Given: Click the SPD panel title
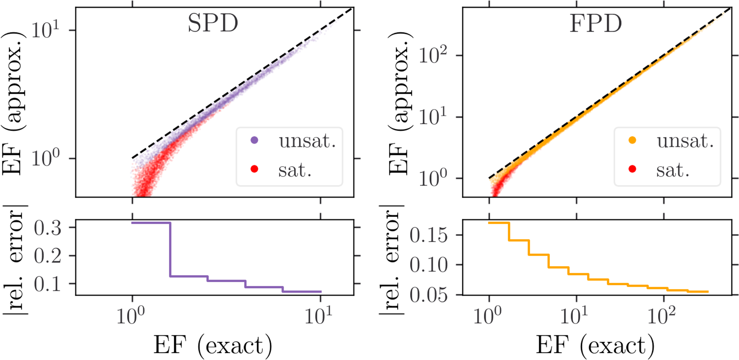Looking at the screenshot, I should click(x=213, y=24).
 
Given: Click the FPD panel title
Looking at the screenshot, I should click(x=596, y=24).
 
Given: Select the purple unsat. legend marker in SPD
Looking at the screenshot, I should click(x=255, y=140).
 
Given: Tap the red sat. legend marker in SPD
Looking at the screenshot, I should click(x=255, y=169).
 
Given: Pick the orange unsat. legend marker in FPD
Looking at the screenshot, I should click(x=632, y=140).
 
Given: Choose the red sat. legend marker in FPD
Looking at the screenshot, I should click(x=632, y=169).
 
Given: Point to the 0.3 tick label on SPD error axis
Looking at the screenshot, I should click(x=48, y=228).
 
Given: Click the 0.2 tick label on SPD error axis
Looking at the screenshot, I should click(x=48, y=256).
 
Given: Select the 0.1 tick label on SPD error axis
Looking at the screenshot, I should click(x=48, y=284).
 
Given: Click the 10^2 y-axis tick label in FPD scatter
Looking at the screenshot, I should click(x=433, y=55).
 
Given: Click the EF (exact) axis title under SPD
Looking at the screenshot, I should click(x=213, y=345).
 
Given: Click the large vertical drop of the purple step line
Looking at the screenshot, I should click(x=170, y=250).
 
